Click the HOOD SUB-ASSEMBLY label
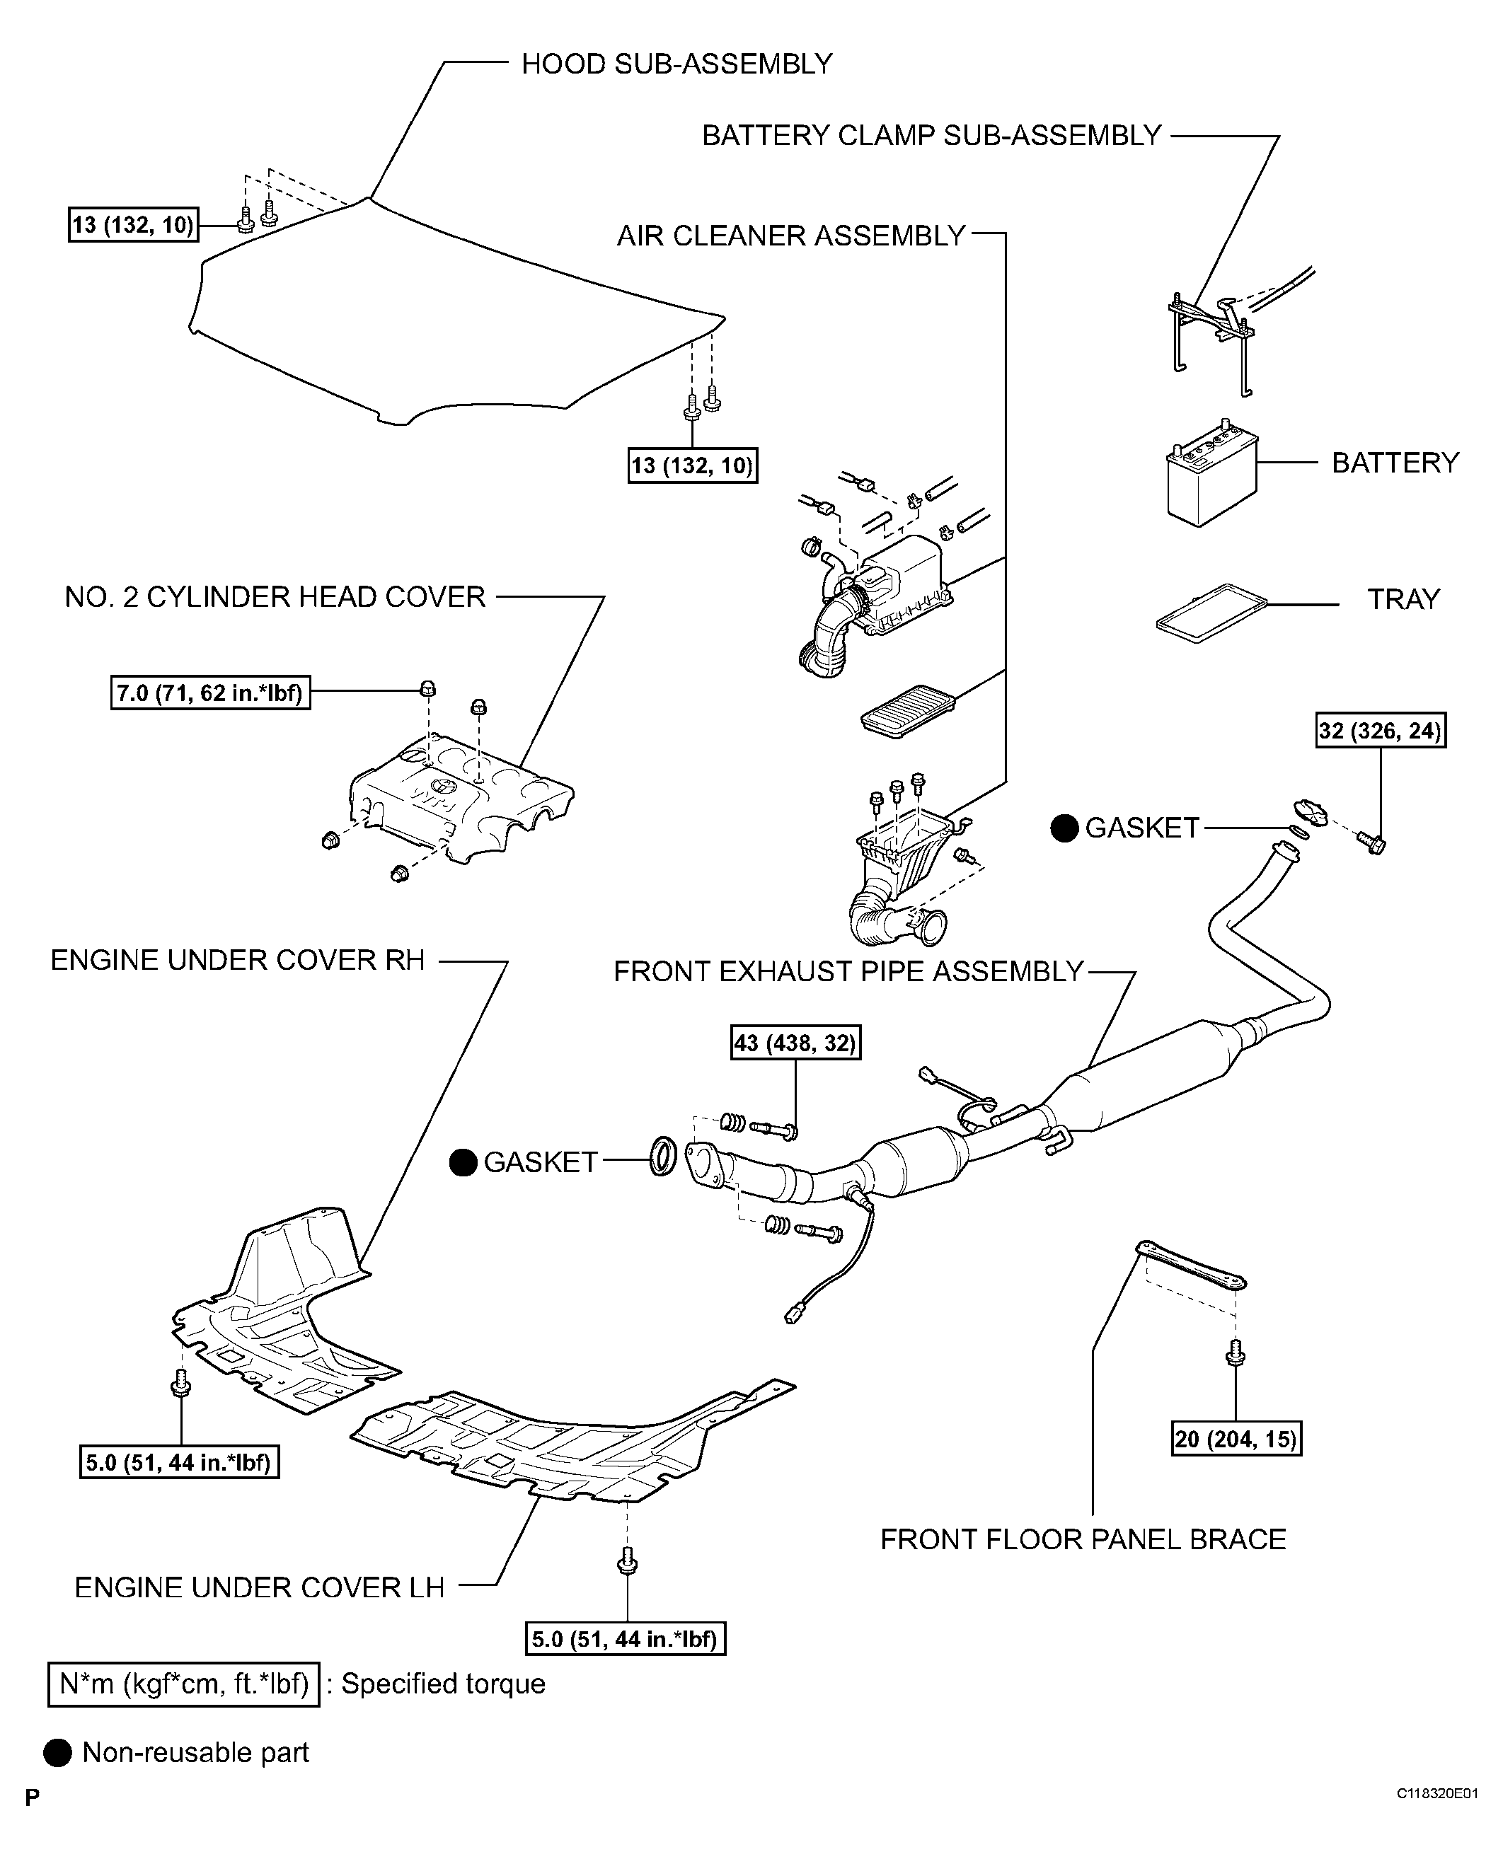[676, 64]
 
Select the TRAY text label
[1403, 600]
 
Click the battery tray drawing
[1210, 613]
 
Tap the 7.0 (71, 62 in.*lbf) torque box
[210, 693]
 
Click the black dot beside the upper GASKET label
[1064, 828]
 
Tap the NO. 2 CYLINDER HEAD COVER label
[275, 597]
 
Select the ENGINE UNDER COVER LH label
[260, 1587]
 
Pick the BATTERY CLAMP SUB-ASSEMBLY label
[931, 136]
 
